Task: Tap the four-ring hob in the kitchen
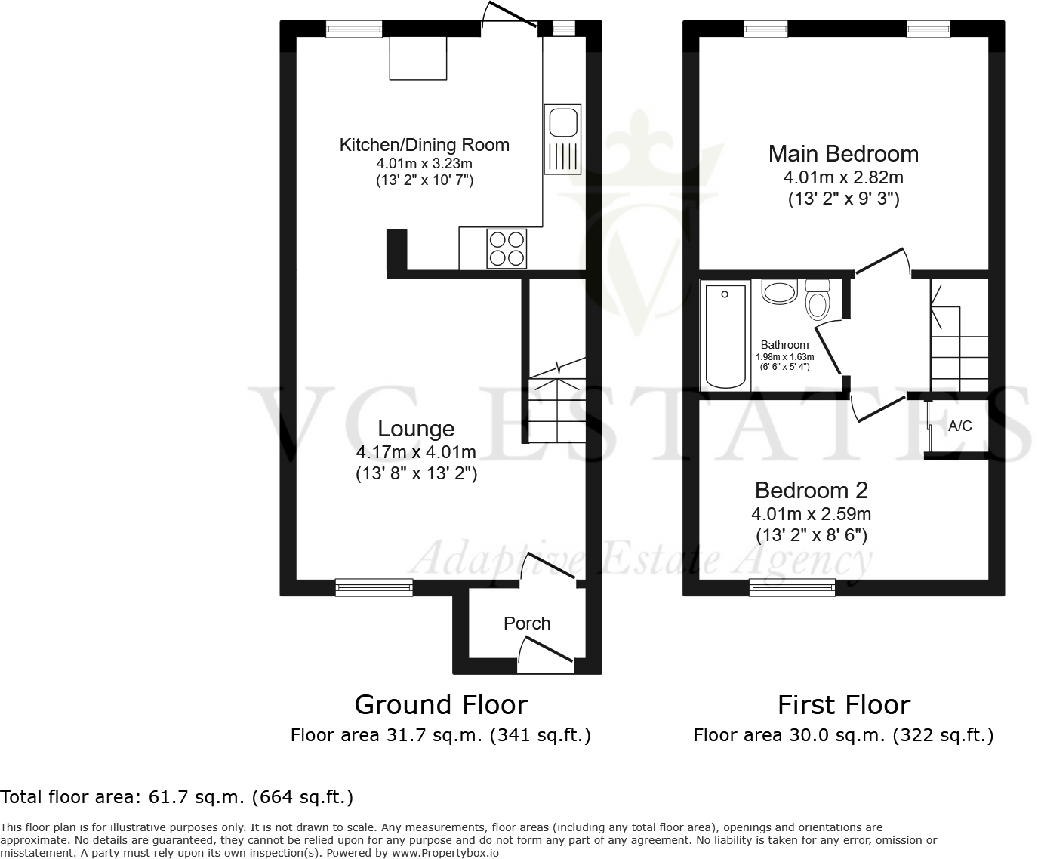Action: coord(507,248)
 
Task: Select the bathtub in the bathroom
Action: coord(725,335)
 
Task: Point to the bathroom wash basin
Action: coord(779,291)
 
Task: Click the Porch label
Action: coord(527,623)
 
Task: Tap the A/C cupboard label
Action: coord(959,426)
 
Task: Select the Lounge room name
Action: coord(416,429)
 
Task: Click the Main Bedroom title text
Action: coord(843,154)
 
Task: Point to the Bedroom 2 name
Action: coord(811,491)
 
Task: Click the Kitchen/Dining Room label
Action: coord(424,145)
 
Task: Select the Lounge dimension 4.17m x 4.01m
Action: coord(416,452)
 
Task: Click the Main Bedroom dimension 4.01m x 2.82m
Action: coord(843,178)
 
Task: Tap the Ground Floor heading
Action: coord(441,704)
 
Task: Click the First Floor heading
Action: coord(844,704)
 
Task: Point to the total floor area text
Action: coord(177,796)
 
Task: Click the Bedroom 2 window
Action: coord(792,587)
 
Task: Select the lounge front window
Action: coord(374,587)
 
